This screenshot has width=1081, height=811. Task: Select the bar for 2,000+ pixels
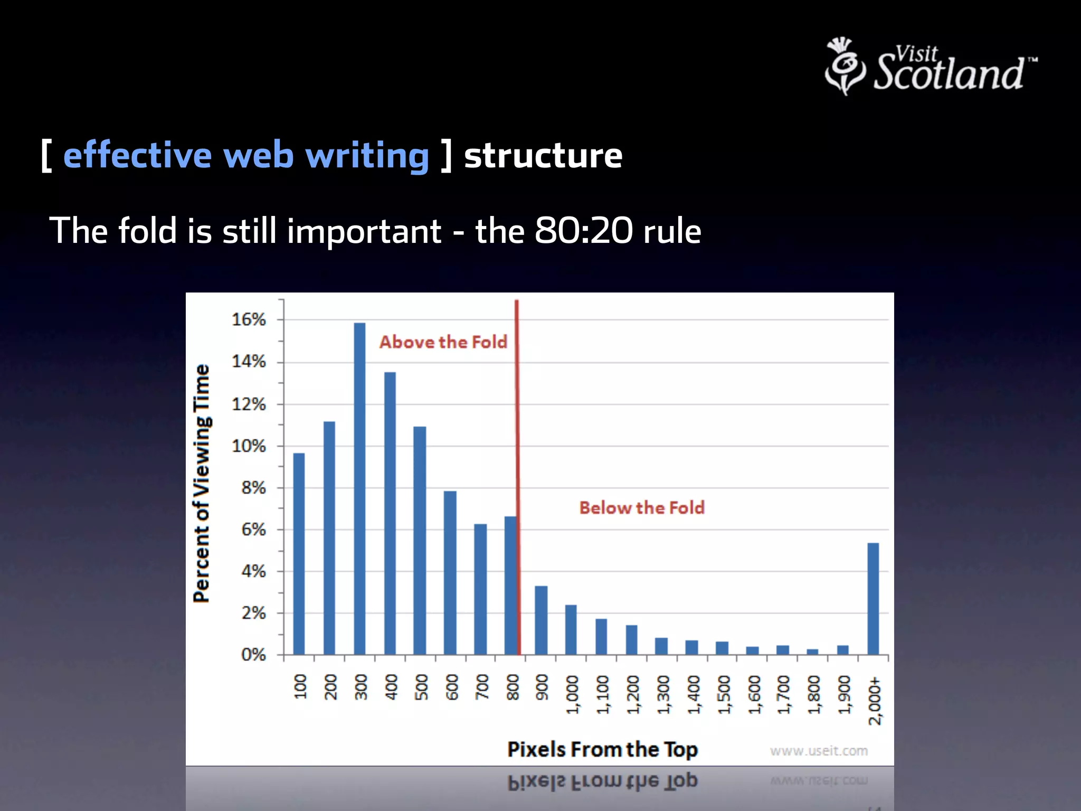point(873,599)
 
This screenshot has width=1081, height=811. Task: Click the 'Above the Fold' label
point(443,342)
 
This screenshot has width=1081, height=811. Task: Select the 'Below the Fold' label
point(642,508)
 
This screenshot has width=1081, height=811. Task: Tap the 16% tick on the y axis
point(249,319)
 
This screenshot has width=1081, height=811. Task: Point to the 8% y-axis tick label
point(253,487)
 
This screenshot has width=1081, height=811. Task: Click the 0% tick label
point(253,655)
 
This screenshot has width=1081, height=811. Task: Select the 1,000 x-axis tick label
point(572,694)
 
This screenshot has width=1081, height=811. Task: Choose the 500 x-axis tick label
point(421,687)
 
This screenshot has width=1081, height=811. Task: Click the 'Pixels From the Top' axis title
point(602,750)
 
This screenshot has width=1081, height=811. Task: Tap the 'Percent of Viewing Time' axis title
point(202,483)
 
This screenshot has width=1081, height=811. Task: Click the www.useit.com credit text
point(819,751)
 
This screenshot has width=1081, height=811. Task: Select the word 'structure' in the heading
point(543,156)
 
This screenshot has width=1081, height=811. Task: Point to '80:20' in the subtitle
point(583,231)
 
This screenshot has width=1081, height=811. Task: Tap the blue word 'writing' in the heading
point(367,156)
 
